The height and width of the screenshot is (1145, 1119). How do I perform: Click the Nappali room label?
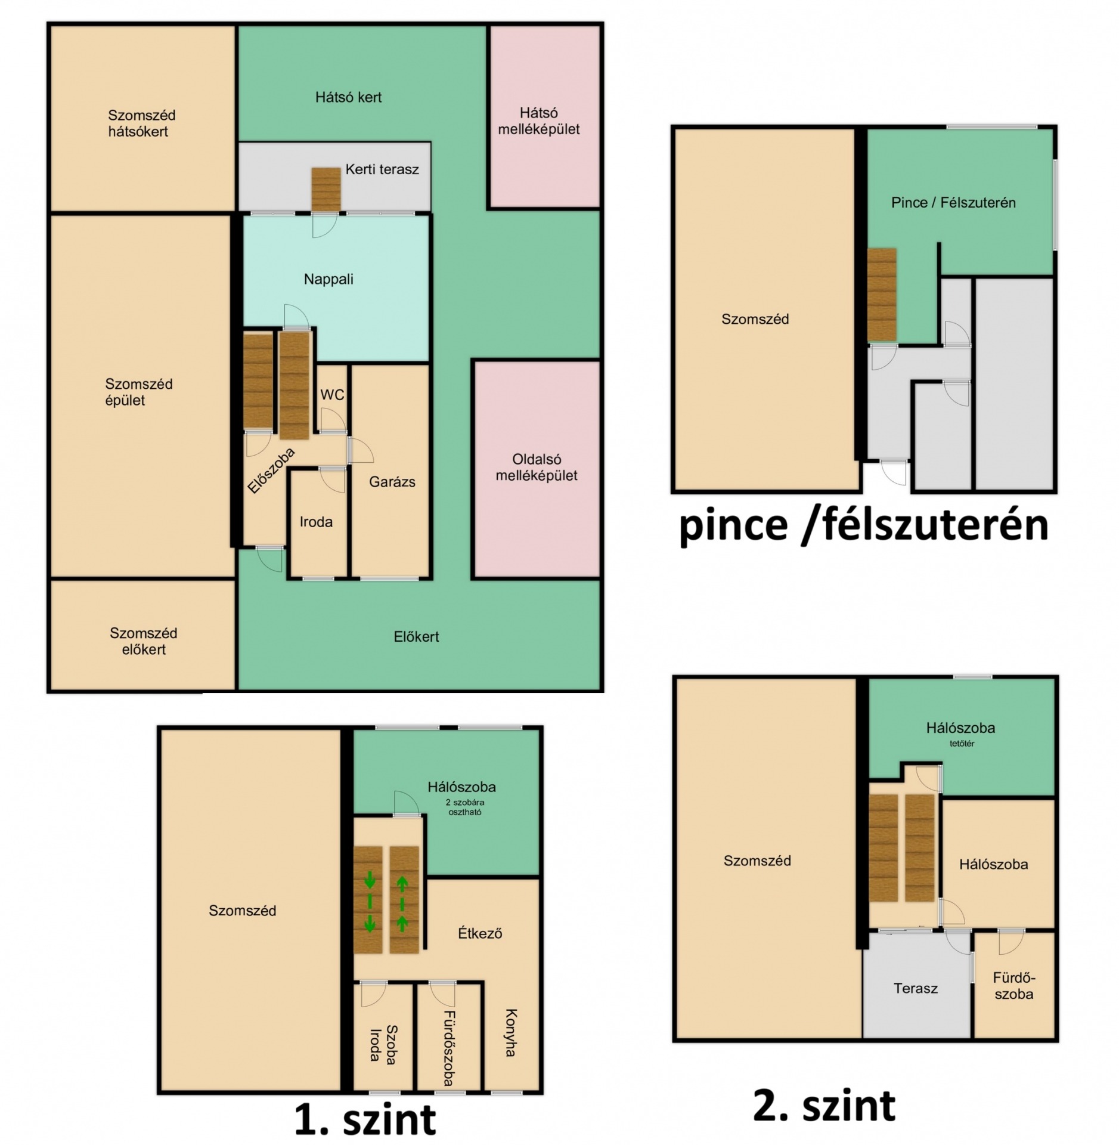[x=328, y=279]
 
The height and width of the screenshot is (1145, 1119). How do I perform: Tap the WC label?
[x=332, y=395]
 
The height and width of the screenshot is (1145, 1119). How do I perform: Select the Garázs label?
[x=392, y=482]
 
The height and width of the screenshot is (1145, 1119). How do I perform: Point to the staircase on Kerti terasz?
[x=326, y=189]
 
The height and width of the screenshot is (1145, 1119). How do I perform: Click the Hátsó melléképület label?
[x=539, y=121]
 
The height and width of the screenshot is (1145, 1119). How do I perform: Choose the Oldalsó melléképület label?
[x=537, y=468]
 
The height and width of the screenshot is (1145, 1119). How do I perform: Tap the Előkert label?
[x=416, y=636]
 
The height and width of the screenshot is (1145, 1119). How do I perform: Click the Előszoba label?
[x=271, y=471]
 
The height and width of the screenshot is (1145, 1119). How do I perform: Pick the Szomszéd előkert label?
[x=144, y=641]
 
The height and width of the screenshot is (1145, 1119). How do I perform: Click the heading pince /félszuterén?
[x=864, y=525]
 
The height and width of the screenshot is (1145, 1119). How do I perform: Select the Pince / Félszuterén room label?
[x=953, y=203]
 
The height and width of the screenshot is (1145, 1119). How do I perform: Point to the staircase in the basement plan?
[x=882, y=295]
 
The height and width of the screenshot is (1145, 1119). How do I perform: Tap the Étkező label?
[x=480, y=933]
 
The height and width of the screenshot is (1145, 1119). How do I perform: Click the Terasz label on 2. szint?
[x=916, y=989]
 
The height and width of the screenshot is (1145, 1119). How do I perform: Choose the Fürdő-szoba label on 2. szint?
[x=1014, y=986]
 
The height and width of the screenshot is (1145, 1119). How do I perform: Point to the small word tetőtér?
[x=962, y=744]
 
